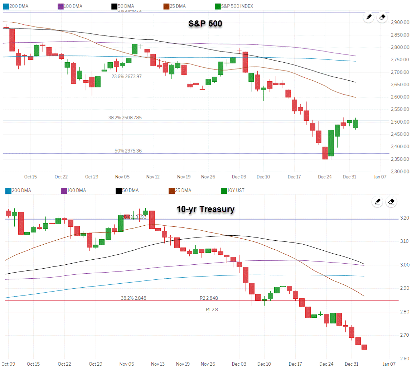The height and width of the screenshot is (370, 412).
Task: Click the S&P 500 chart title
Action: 205,24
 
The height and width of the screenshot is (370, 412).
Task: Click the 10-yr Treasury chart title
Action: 205,209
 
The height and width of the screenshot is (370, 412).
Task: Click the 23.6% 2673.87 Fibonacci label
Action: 126,76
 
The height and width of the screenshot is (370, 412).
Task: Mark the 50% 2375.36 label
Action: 128,151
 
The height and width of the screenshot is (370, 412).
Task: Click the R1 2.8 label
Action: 212,309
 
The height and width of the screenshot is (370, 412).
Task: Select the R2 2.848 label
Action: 209,298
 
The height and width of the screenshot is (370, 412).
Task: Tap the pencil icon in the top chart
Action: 368,17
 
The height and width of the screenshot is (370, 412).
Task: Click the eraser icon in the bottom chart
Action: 391,202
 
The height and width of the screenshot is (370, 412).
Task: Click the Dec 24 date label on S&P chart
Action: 324,177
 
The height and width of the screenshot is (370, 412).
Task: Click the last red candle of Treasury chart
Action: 364,347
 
